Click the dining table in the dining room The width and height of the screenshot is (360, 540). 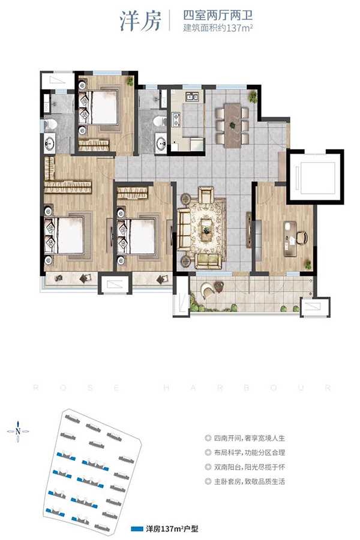tap(233, 126)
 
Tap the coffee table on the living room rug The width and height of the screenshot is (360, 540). tap(206, 230)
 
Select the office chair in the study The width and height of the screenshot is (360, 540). tap(301, 237)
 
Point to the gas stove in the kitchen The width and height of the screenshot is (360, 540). tap(177, 119)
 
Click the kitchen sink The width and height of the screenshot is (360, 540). tap(192, 97)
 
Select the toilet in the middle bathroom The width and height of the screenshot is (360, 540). tap(160, 121)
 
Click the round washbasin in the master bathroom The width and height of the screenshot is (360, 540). tap(50, 143)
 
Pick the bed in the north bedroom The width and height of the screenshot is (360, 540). tap(98, 107)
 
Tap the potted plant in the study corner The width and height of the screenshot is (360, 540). tap(308, 265)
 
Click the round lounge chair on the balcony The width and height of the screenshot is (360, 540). tap(208, 290)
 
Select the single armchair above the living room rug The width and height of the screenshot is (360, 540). tap(206, 195)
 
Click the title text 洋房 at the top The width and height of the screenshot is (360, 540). tap(140, 21)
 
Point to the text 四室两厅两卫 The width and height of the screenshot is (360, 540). tap(218, 16)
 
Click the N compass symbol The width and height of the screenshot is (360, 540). tap(18, 431)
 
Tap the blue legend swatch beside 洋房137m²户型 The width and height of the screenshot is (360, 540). tap(137, 529)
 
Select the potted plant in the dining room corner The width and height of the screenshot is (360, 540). tap(253, 96)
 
